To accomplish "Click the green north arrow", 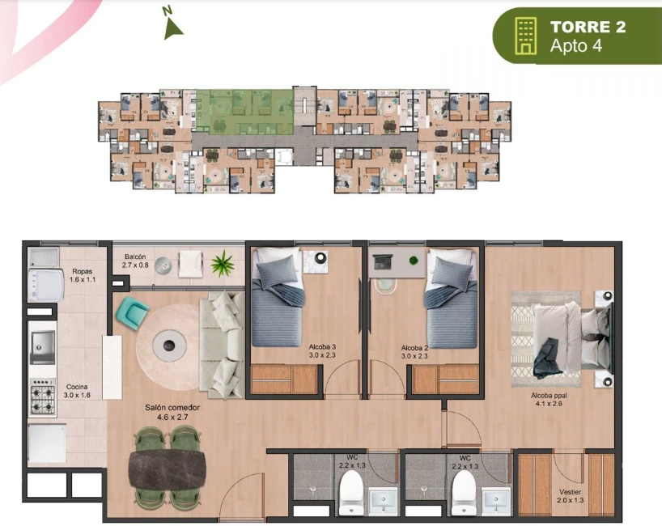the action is click(172, 31).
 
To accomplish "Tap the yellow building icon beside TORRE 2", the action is click(525, 36).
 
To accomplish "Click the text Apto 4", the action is click(576, 45).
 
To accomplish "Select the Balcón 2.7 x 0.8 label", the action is click(135, 261).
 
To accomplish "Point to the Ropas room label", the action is click(83, 275).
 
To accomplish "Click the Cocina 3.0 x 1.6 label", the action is click(77, 391).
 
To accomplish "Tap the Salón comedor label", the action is click(172, 412).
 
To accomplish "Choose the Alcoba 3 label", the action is click(322, 351).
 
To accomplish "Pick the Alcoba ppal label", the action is click(549, 399).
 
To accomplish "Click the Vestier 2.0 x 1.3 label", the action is click(570, 496).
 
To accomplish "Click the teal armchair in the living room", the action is click(132, 313).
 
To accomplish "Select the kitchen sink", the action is click(43, 347).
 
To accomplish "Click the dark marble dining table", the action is click(168, 470).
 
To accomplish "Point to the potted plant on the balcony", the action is click(222, 263).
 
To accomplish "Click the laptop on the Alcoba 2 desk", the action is click(383, 261).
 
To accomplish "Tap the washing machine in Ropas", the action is click(45, 286).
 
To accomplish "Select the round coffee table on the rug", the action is click(169, 346).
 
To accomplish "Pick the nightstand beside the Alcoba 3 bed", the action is click(316, 261).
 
